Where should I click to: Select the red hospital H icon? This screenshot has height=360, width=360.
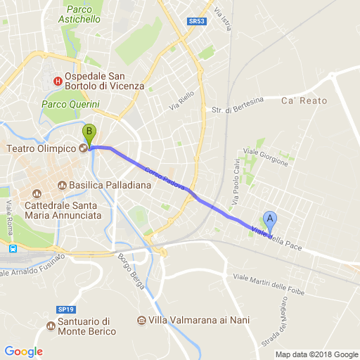[58, 81]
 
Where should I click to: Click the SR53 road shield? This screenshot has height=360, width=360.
[198, 22]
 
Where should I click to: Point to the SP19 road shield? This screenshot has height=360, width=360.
[65, 309]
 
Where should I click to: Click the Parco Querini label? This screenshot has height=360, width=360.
[70, 105]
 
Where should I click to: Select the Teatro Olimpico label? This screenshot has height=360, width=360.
[41, 148]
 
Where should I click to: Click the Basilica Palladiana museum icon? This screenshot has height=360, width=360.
[62, 186]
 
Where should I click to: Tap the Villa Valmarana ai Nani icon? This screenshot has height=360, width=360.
[142, 321]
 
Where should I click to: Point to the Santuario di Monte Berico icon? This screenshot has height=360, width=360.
[50, 326]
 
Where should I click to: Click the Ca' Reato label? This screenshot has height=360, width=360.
[304, 101]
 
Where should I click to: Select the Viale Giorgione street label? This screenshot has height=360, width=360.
[266, 157]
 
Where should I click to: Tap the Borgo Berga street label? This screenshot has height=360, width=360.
[132, 271]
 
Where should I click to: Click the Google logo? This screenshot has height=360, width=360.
[23, 352]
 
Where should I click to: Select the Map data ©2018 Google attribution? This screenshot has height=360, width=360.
[316, 354]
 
